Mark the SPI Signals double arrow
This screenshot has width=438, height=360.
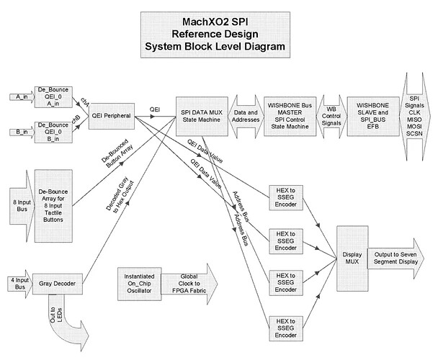click(x=414, y=114)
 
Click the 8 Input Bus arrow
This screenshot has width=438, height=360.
click(x=15, y=199)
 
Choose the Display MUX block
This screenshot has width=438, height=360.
click(x=351, y=258)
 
